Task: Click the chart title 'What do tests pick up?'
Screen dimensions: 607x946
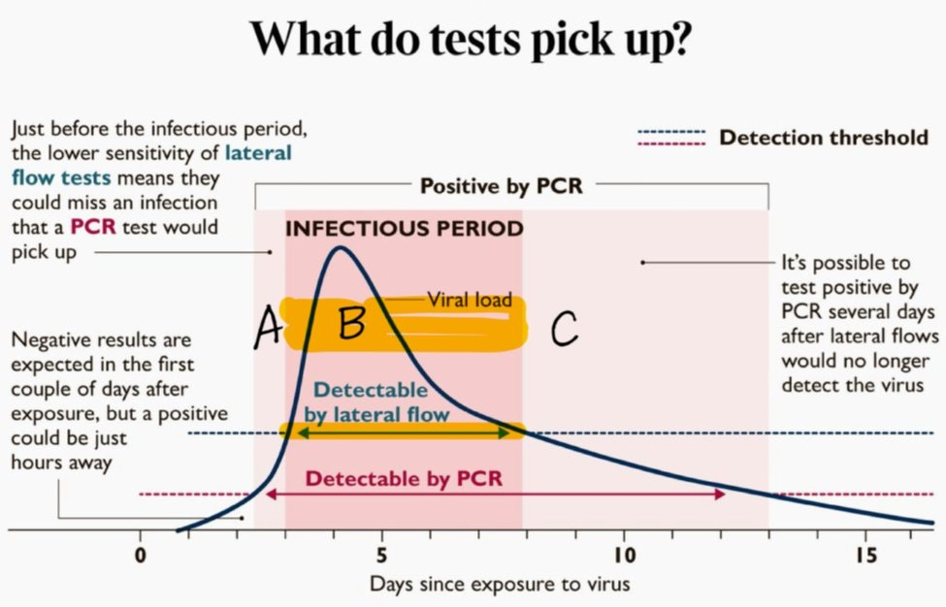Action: (472, 40)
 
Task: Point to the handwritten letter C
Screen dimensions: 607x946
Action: (565, 329)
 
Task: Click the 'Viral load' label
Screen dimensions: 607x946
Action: (470, 300)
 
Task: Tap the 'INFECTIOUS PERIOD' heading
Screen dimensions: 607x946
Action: (404, 230)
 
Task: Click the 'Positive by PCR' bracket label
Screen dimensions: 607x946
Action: (501, 185)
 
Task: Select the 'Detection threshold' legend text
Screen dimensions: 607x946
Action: (823, 137)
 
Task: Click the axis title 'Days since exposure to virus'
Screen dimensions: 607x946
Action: (499, 585)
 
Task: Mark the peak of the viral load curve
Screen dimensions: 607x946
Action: (339, 248)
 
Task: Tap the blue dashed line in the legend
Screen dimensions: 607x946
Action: (670, 130)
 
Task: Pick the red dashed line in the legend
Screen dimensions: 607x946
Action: (670, 144)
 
